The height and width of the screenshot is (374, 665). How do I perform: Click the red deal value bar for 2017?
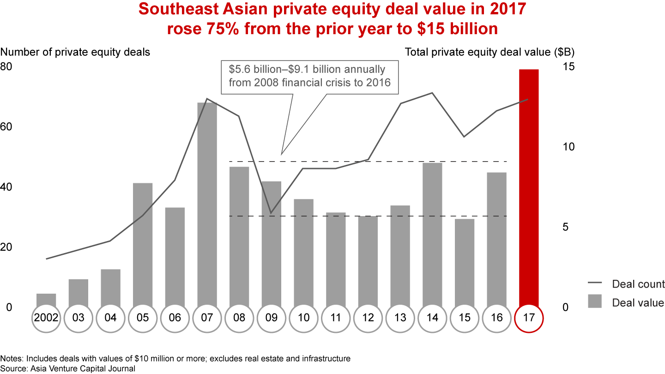tap(529, 187)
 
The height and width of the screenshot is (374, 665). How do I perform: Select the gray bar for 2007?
tap(207, 203)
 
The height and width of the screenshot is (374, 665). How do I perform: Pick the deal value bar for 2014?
tap(432, 233)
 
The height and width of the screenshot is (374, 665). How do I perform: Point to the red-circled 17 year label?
tap(529, 318)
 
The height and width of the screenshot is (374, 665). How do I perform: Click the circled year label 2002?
tap(46, 318)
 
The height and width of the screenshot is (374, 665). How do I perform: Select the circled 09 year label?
tap(272, 318)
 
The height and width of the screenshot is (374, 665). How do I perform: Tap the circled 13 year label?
tap(400, 318)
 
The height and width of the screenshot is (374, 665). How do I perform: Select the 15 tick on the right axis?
tap(568, 66)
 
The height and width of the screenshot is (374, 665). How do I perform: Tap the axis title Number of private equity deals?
tap(75, 52)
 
